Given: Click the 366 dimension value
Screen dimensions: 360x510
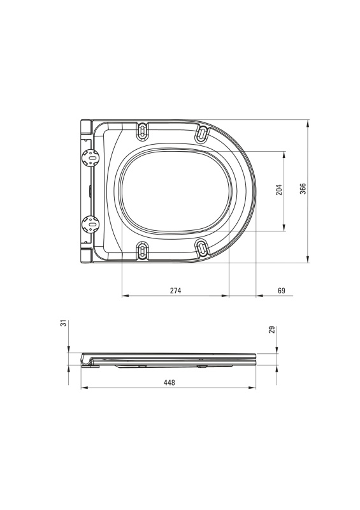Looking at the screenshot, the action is (x=303, y=189).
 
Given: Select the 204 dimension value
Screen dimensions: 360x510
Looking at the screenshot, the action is (x=279, y=189).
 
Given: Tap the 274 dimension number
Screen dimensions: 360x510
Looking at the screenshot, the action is (x=176, y=291).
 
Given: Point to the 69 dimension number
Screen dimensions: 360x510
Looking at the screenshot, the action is (x=282, y=291).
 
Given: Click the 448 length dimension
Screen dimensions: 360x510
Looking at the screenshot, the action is (x=169, y=382).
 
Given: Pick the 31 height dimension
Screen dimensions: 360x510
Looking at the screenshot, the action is (x=64, y=323).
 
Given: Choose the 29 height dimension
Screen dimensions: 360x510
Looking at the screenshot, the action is (x=272, y=330).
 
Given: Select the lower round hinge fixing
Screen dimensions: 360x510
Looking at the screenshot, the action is (x=90, y=224).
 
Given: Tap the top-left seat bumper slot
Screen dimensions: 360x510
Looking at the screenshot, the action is (x=143, y=132).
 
